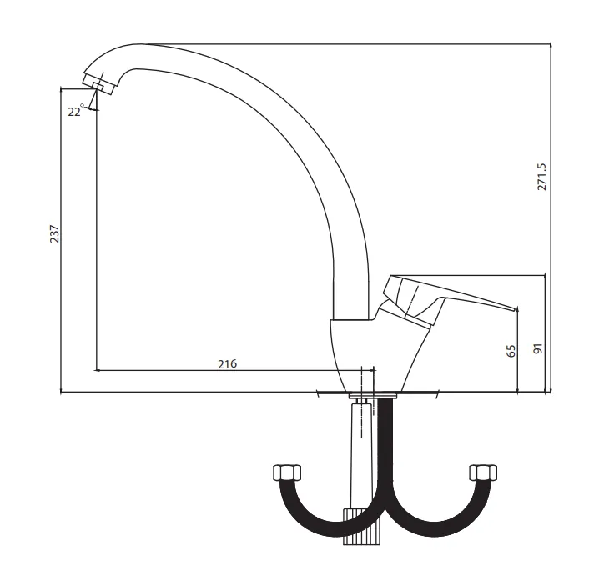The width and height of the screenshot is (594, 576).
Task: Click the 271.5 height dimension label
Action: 542,177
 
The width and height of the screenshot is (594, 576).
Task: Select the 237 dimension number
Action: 55,234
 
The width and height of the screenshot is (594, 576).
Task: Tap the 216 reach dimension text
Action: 227,363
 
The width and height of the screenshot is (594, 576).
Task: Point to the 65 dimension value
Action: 511,351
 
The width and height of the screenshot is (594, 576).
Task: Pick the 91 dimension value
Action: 538,348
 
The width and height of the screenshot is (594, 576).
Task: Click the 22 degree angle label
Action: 76,111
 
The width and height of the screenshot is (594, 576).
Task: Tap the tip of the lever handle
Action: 516,308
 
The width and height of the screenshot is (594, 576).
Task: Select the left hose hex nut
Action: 287,473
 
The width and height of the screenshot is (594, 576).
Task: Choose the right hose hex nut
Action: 483,473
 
